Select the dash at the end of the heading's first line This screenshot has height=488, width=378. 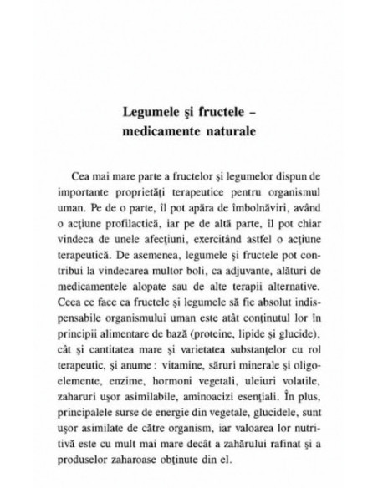[x=260, y=112]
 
